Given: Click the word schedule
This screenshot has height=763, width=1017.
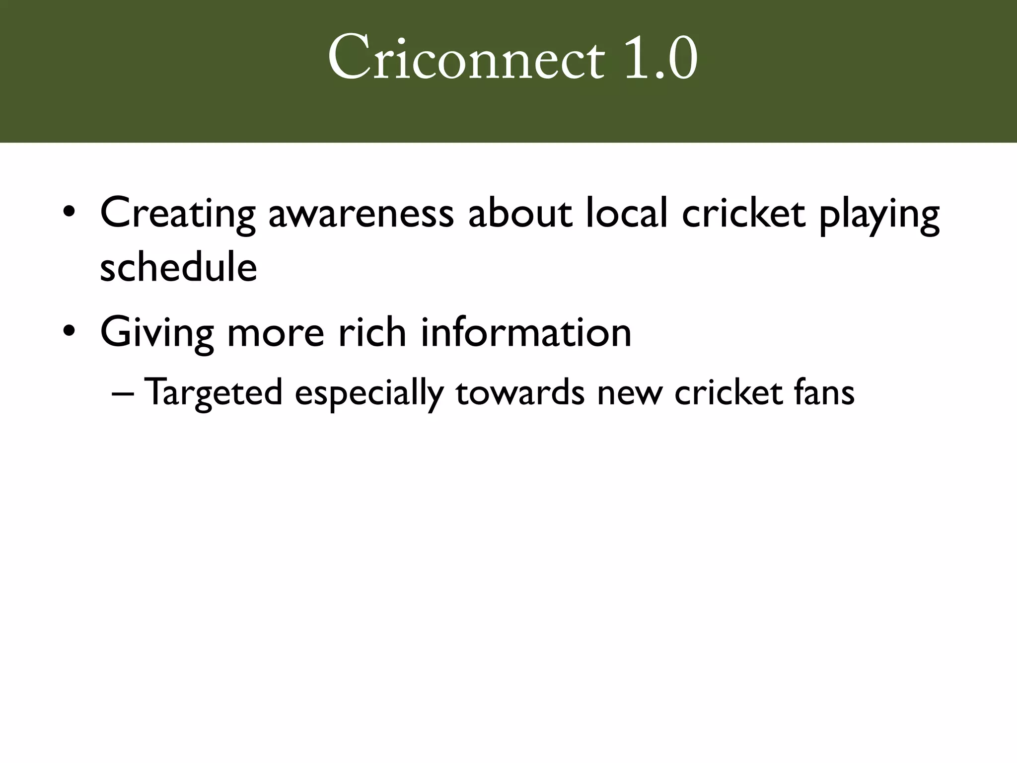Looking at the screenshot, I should click(x=178, y=267).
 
